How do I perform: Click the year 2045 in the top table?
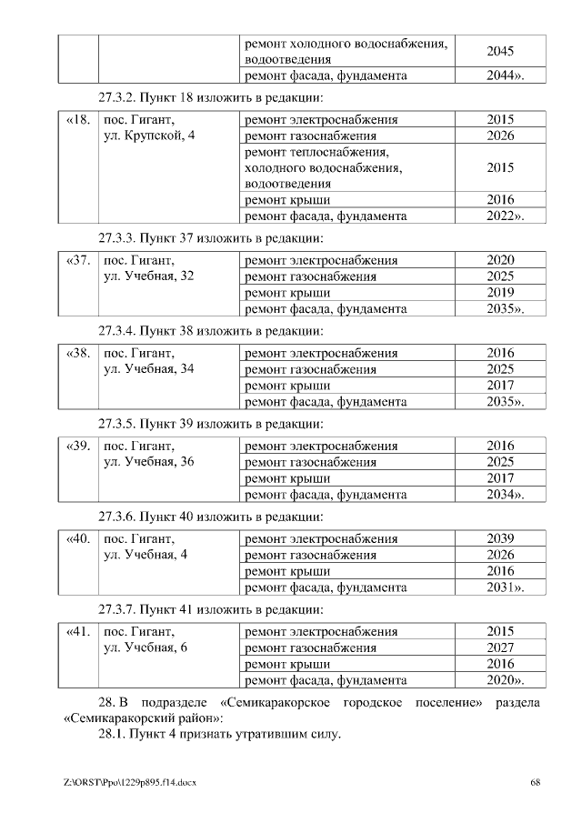pos(500,51)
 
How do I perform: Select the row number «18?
pos(77,120)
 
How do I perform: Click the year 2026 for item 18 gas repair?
pos(500,135)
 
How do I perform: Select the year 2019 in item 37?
pos(500,293)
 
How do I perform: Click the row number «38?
pos(77,353)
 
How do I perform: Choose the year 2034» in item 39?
pos(504,495)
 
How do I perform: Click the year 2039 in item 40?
pos(500,538)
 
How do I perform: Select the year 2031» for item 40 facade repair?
pos(504,587)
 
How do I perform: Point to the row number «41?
pos(77,631)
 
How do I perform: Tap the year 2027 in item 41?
pos(500,647)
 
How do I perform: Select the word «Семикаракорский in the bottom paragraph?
pos(117,718)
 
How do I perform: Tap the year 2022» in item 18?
pos(504,216)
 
